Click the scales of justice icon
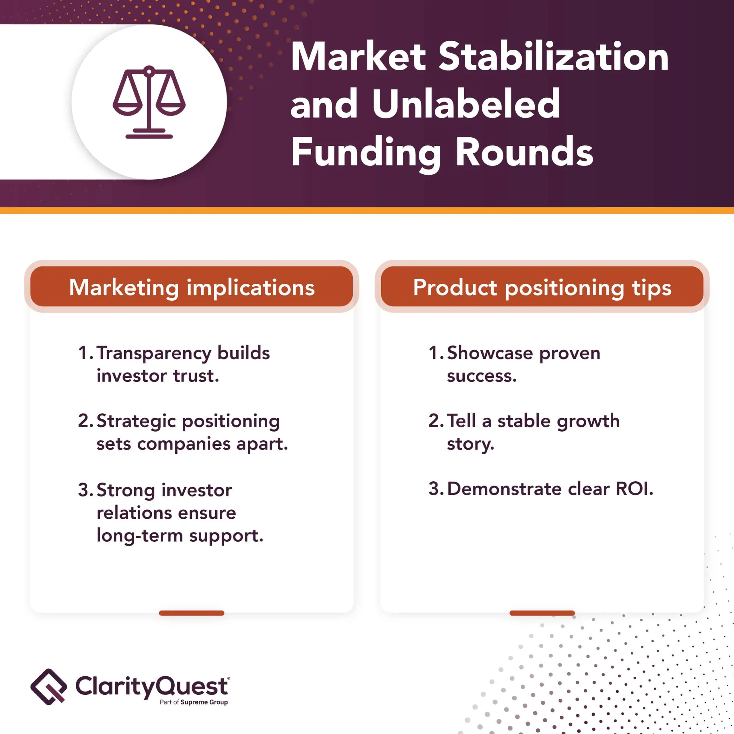click(x=149, y=102)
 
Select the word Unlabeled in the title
click(x=466, y=103)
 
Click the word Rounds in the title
click(x=524, y=152)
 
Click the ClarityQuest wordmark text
click(x=152, y=686)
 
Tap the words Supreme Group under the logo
click(x=204, y=702)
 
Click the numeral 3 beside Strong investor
click(x=83, y=490)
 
